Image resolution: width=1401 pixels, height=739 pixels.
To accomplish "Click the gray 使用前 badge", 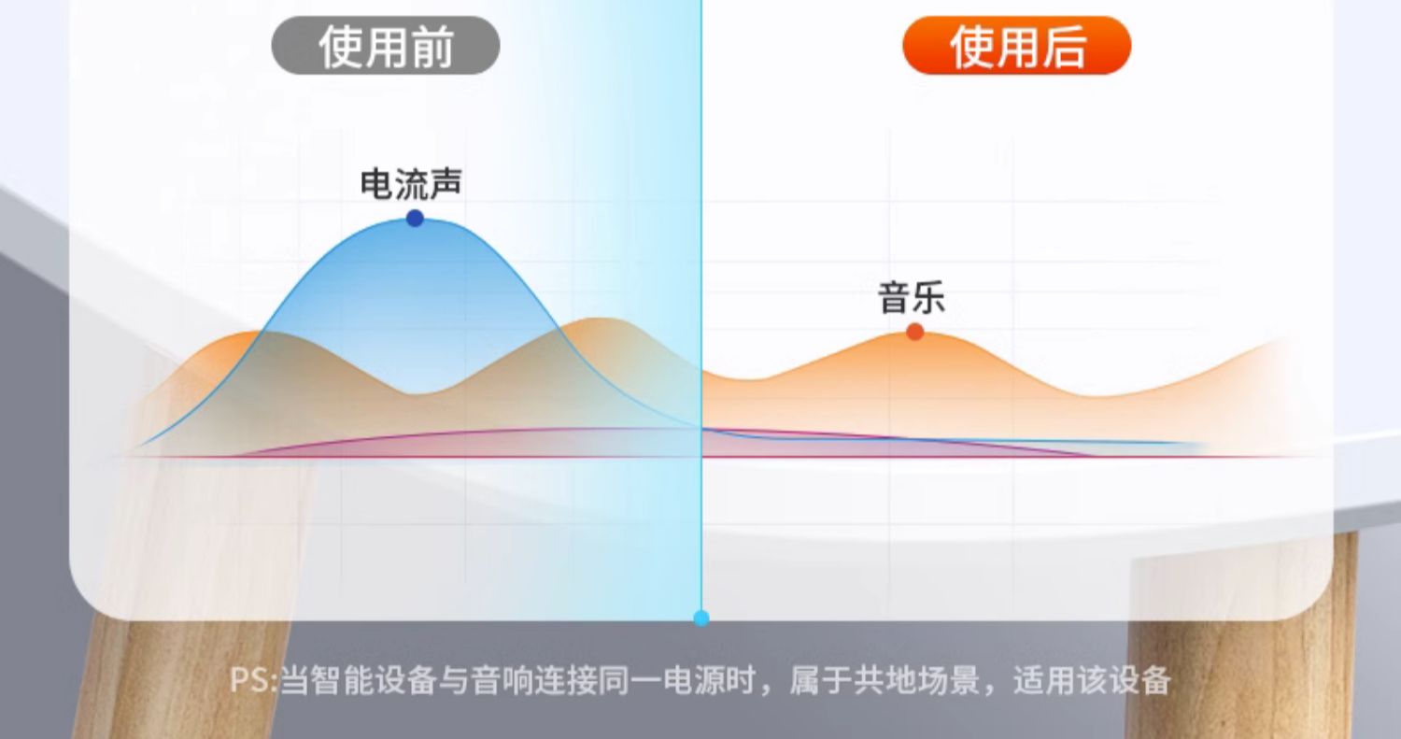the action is pos(385,46).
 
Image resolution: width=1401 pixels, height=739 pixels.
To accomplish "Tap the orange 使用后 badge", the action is pos(1017,46).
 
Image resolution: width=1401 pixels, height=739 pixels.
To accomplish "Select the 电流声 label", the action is pos(411,184).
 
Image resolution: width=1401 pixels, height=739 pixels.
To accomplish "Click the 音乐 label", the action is pos(912,297).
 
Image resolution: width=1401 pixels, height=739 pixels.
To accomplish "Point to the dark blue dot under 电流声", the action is pos(415,219).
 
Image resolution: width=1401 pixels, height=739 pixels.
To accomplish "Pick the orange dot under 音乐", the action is pos(915,332).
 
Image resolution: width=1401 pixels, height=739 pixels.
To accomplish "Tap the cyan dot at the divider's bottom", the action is pos(701,618).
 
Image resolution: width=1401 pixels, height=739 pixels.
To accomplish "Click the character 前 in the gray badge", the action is pos(432,47).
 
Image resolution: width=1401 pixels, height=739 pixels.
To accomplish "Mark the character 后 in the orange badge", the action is pos(1064,47).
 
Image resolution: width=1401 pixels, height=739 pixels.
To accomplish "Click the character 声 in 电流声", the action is pos(446,184).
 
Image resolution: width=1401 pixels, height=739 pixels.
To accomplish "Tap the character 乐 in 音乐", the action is pos(928,297).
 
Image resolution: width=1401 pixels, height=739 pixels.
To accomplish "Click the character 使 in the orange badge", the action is pos(971,47).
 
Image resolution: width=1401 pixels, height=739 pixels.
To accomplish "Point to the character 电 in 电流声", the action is pos(375,184).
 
